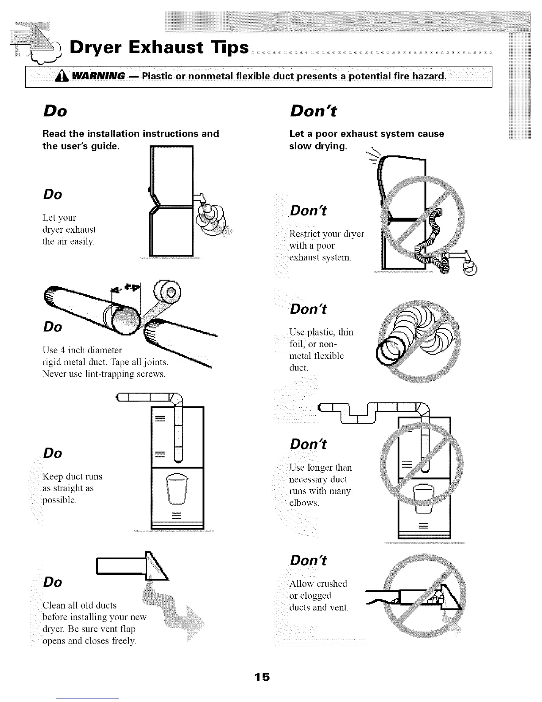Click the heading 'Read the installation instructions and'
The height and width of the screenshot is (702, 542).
(131, 133)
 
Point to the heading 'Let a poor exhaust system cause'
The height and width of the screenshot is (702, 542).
(367, 133)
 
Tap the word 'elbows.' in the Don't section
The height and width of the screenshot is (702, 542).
(304, 503)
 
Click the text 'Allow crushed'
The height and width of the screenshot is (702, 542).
(318, 583)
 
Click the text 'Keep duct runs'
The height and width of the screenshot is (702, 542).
(72, 476)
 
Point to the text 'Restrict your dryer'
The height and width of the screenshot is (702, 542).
(326, 234)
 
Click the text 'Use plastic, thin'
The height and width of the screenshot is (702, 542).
(321, 332)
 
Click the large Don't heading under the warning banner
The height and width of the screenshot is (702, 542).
(313, 111)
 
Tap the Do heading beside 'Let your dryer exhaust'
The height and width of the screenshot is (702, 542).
(52, 194)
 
